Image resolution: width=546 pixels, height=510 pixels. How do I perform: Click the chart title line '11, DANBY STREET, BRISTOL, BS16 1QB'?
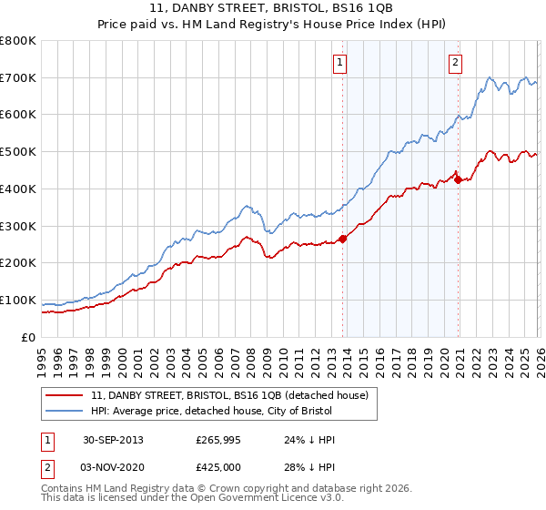point(273,8)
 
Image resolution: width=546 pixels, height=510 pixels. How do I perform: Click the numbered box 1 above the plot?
point(339,63)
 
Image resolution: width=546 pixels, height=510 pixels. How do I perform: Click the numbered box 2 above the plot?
point(454,63)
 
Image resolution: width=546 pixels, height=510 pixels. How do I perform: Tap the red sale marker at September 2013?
point(343,239)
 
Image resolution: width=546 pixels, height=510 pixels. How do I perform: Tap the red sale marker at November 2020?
point(457,179)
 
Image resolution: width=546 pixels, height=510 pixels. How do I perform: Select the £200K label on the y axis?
point(18,263)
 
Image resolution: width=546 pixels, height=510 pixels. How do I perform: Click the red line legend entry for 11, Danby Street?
point(229,395)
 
